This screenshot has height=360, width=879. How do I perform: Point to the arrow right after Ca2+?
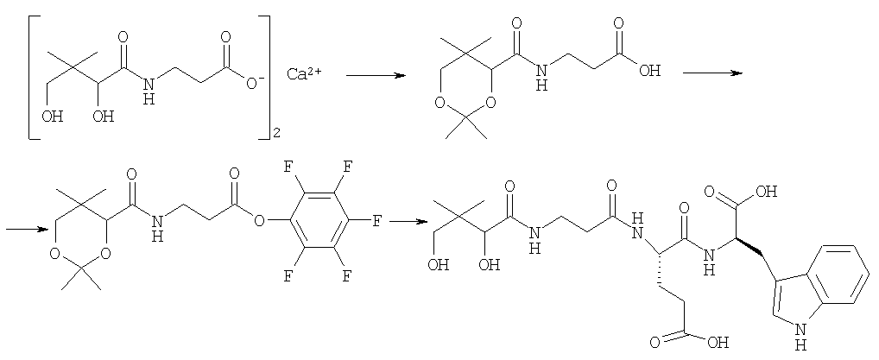[x=375, y=75]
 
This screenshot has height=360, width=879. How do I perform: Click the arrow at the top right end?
[x=712, y=73]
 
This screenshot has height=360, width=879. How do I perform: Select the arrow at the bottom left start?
[x=26, y=229]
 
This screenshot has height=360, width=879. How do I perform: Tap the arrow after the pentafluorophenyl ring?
[x=405, y=221]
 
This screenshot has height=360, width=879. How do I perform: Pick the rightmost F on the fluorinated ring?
[x=377, y=221]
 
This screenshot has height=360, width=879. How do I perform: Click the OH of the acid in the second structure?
[x=649, y=71]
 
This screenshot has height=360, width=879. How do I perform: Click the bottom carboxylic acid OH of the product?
[x=719, y=341]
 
